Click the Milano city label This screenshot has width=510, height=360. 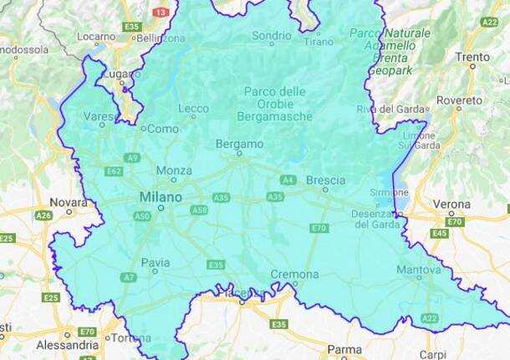[161, 196]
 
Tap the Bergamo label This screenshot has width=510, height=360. [240, 144]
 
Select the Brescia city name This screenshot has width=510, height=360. [325, 180]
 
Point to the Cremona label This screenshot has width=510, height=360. [294, 274]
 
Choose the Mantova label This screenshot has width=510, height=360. [418, 270]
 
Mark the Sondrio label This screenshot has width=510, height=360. [272, 36]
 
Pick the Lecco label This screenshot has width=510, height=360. [193, 109]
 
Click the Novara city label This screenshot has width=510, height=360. [69, 201]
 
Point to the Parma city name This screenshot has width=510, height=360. [344, 349]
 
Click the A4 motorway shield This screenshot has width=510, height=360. [288, 180]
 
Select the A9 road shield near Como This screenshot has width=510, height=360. [132, 157]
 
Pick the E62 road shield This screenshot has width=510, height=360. [115, 170]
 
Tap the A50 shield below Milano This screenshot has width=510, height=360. [142, 215]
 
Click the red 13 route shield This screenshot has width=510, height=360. [161, 12]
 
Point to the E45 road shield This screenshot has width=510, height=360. [440, 233]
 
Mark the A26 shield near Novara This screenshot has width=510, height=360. [43, 215]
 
